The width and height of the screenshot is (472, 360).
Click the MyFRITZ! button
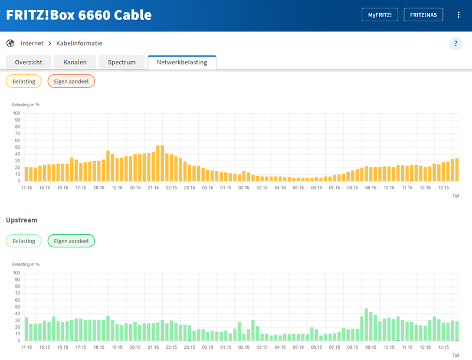380,15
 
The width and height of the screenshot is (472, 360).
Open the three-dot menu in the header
458,15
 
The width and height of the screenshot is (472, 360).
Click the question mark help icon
455,43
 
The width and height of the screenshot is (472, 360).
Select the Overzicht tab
28,62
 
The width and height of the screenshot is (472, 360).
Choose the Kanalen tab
75,62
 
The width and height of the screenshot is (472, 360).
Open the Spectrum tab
122,62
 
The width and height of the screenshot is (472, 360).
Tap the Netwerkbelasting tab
182,62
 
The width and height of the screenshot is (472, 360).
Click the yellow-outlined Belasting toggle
24,81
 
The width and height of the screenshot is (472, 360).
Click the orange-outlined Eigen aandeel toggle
71,81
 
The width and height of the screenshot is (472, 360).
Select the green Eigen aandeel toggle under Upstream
71,241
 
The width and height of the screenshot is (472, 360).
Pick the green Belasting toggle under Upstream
24,241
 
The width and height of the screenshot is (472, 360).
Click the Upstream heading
21,220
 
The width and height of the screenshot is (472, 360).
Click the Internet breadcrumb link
32,43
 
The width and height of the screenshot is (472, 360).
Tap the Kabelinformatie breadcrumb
79,43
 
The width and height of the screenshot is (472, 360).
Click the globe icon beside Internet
10,43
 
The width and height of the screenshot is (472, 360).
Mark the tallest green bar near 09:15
366,325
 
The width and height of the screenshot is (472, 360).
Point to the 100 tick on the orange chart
17,113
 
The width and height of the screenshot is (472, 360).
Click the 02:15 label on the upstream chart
244,348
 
